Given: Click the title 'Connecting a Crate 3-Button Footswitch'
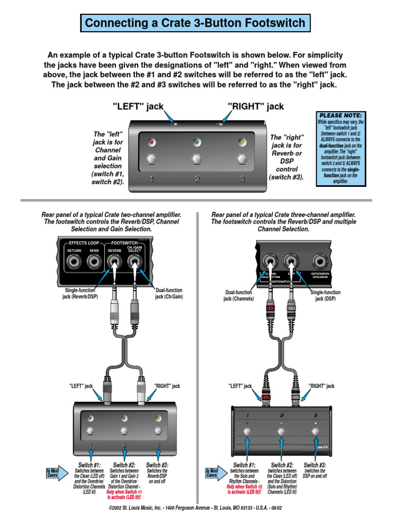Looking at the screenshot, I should point(195,23).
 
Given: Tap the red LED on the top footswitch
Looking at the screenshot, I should point(151,142).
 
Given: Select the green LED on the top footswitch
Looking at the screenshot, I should point(196,142).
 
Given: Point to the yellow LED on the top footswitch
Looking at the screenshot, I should point(242,142).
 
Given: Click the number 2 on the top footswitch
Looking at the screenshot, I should point(197,179).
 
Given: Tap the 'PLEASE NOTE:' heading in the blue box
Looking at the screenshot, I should point(340,115).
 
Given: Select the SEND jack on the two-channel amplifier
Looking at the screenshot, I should point(94,262).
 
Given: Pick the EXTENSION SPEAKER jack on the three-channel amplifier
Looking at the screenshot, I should point(321,263).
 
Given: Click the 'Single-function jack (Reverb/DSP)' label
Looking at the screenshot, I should point(79,293).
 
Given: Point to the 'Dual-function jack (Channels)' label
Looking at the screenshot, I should point(238,296).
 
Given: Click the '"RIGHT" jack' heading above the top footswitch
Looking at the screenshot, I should point(255,106).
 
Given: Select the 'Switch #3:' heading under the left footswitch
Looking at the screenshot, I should point(158,465).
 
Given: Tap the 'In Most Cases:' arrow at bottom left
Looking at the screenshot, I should point(53,473).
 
